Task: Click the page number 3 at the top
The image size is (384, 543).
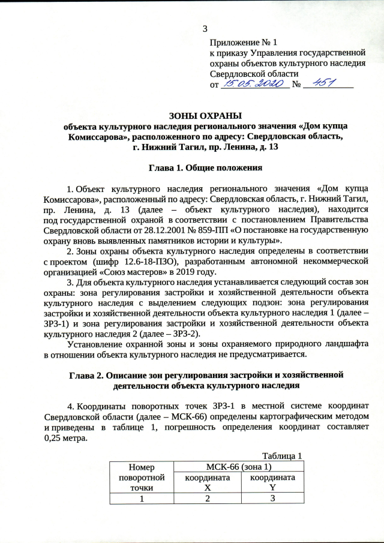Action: (x=205, y=28)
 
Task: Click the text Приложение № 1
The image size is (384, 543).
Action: (x=244, y=43)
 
